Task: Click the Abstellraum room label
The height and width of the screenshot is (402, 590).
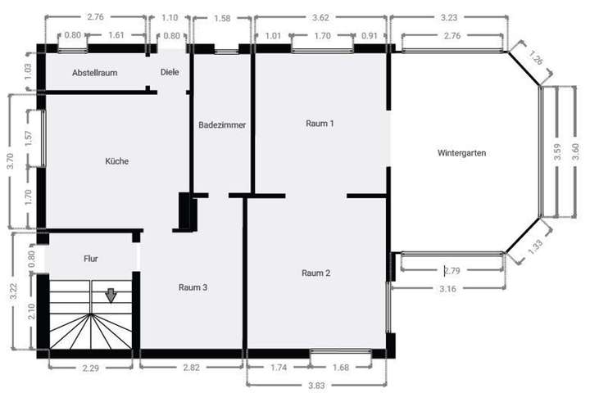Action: pyautogui.click(x=95, y=73)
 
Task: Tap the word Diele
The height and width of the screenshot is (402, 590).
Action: pyautogui.click(x=170, y=72)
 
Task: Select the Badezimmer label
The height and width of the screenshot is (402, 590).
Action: pyautogui.click(x=222, y=125)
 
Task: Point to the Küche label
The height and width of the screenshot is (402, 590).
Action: pyautogui.click(x=116, y=161)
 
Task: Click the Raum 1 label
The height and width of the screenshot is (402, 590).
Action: pyautogui.click(x=320, y=124)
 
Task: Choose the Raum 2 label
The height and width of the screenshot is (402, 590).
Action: pyautogui.click(x=315, y=273)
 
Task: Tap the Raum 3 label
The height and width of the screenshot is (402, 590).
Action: pyautogui.click(x=193, y=287)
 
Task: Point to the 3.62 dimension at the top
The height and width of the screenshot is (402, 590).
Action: pyautogui.click(x=320, y=16)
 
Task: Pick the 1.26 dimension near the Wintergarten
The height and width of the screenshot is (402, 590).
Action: pyautogui.click(x=536, y=60)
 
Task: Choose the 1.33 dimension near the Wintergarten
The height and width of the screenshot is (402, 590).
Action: pyautogui.click(x=535, y=246)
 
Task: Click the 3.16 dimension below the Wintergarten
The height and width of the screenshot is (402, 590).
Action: pyautogui.click(x=447, y=289)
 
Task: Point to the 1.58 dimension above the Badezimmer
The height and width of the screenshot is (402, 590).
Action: pyautogui.click(x=221, y=18)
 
